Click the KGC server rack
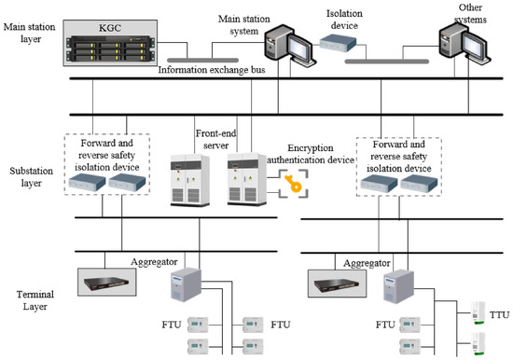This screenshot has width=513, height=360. pyautogui.click(x=110, y=48)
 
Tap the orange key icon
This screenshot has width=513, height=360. pyautogui.click(x=293, y=184)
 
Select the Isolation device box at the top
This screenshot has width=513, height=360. pyautogui.click(x=338, y=44)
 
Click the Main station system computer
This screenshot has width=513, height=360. pyautogui.click(x=289, y=45)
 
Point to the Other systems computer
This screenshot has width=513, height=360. pyautogui.click(x=464, y=44)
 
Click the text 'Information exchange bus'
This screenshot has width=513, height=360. pyautogui.click(x=212, y=70)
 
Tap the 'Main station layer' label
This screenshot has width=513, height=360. pyautogui.click(x=30, y=33)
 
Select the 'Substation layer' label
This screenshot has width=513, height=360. pyautogui.click(x=31, y=176)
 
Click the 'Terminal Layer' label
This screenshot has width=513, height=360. pyautogui.click(x=35, y=300)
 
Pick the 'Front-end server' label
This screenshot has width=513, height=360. pyautogui.click(x=215, y=139)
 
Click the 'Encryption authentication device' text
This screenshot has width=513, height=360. pyautogui.click(x=311, y=154)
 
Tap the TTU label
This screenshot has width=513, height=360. pyautogui.click(x=499, y=315)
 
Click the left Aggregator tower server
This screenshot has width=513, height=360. pyautogui.click(x=186, y=284)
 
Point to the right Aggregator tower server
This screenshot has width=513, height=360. pyautogui.click(x=398, y=286)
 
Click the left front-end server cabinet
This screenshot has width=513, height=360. pyautogui.click(x=189, y=180)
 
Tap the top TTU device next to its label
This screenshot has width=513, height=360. pyautogui.click(x=478, y=313)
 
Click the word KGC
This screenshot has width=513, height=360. pyautogui.click(x=110, y=28)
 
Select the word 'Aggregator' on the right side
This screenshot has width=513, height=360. pyautogui.click(x=367, y=263)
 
